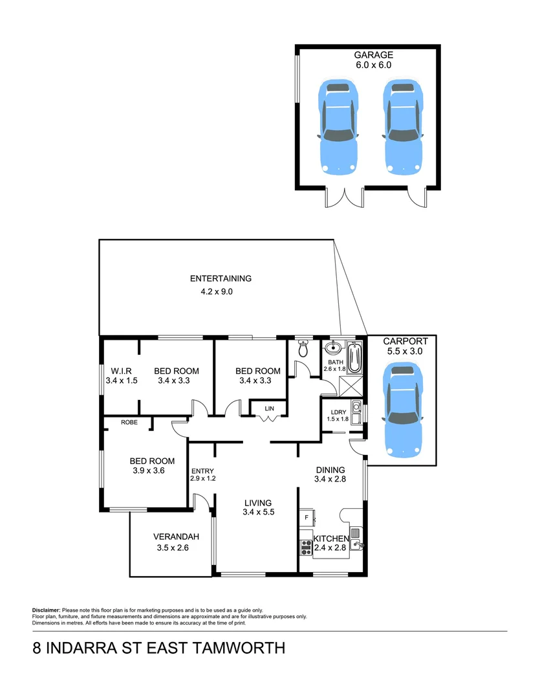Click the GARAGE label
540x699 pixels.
(373, 55)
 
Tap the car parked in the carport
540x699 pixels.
(402, 410)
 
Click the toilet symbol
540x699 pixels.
(303, 350)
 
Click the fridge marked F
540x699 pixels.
(306, 517)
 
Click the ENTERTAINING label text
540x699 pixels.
(221, 279)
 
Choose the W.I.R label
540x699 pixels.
(122, 371)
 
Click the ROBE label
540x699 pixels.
(129, 422)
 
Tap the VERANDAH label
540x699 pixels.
(176, 537)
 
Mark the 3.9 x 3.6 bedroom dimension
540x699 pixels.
(148, 471)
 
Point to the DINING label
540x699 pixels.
(330, 470)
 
